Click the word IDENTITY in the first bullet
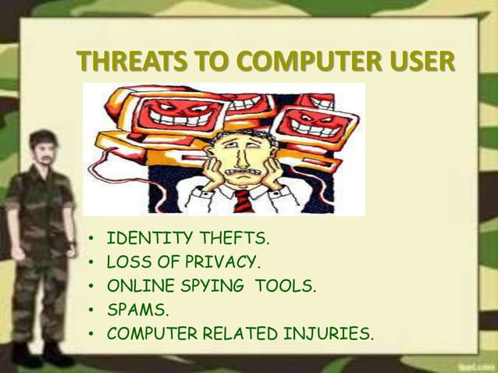coord(143,238)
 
